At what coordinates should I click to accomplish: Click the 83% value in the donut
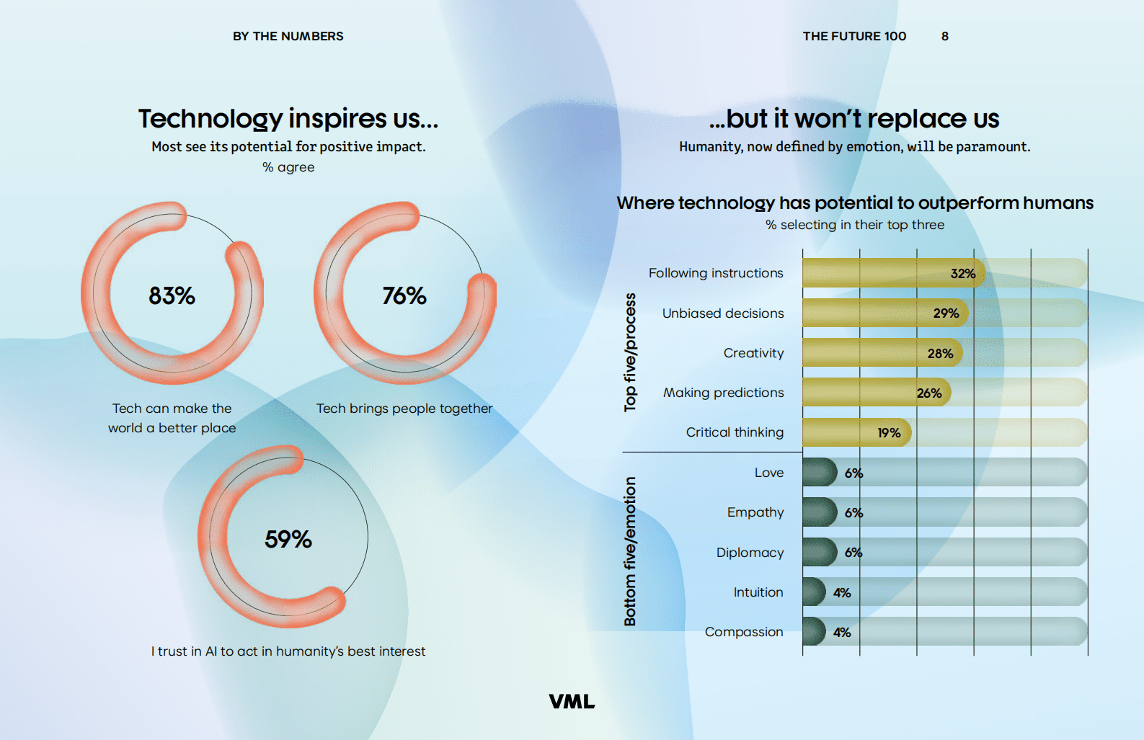coord(172,295)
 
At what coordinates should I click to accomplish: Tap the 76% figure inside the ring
coord(404,295)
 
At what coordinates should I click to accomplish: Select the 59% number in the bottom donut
coord(288,539)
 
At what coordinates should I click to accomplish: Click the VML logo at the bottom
coord(572,702)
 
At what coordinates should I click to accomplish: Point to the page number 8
coord(944,36)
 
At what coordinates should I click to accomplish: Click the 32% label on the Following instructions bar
coord(962,274)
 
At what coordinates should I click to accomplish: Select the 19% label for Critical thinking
coord(889,433)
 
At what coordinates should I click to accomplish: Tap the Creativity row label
coord(753,353)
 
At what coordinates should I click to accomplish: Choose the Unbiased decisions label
coord(723,313)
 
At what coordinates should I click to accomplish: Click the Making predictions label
coord(723,393)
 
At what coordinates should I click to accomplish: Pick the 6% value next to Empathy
coord(853,513)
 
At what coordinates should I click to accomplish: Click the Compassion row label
coord(744,632)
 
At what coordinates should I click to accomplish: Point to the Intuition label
coord(758,592)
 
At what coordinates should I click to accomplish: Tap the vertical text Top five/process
coord(630,352)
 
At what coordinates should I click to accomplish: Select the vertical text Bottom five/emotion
coord(630,551)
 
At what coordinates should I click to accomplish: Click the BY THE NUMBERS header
coord(288,36)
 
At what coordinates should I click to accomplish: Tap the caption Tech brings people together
coord(404,409)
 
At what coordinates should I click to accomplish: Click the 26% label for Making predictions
coord(929,393)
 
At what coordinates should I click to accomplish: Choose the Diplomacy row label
coord(750,553)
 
